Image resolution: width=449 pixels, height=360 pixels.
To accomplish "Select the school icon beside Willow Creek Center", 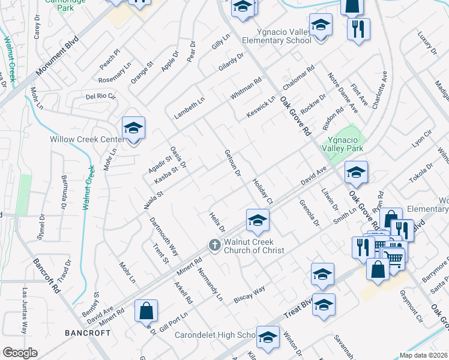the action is click(x=133, y=128).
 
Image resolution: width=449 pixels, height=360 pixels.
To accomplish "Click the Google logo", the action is click(x=20, y=353).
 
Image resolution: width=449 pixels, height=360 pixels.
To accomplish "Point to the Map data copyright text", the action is click(x=424, y=355).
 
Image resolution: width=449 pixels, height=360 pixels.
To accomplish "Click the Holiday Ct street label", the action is click(x=262, y=191).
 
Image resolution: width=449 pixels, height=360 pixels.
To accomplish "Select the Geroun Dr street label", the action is click(x=232, y=163).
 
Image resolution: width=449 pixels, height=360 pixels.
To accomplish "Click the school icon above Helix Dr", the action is click(x=257, y=220).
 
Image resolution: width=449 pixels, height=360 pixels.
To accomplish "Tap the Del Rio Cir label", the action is click(x=100, y=95).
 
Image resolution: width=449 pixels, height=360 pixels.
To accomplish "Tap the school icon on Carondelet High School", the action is click(x=268, y=337).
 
